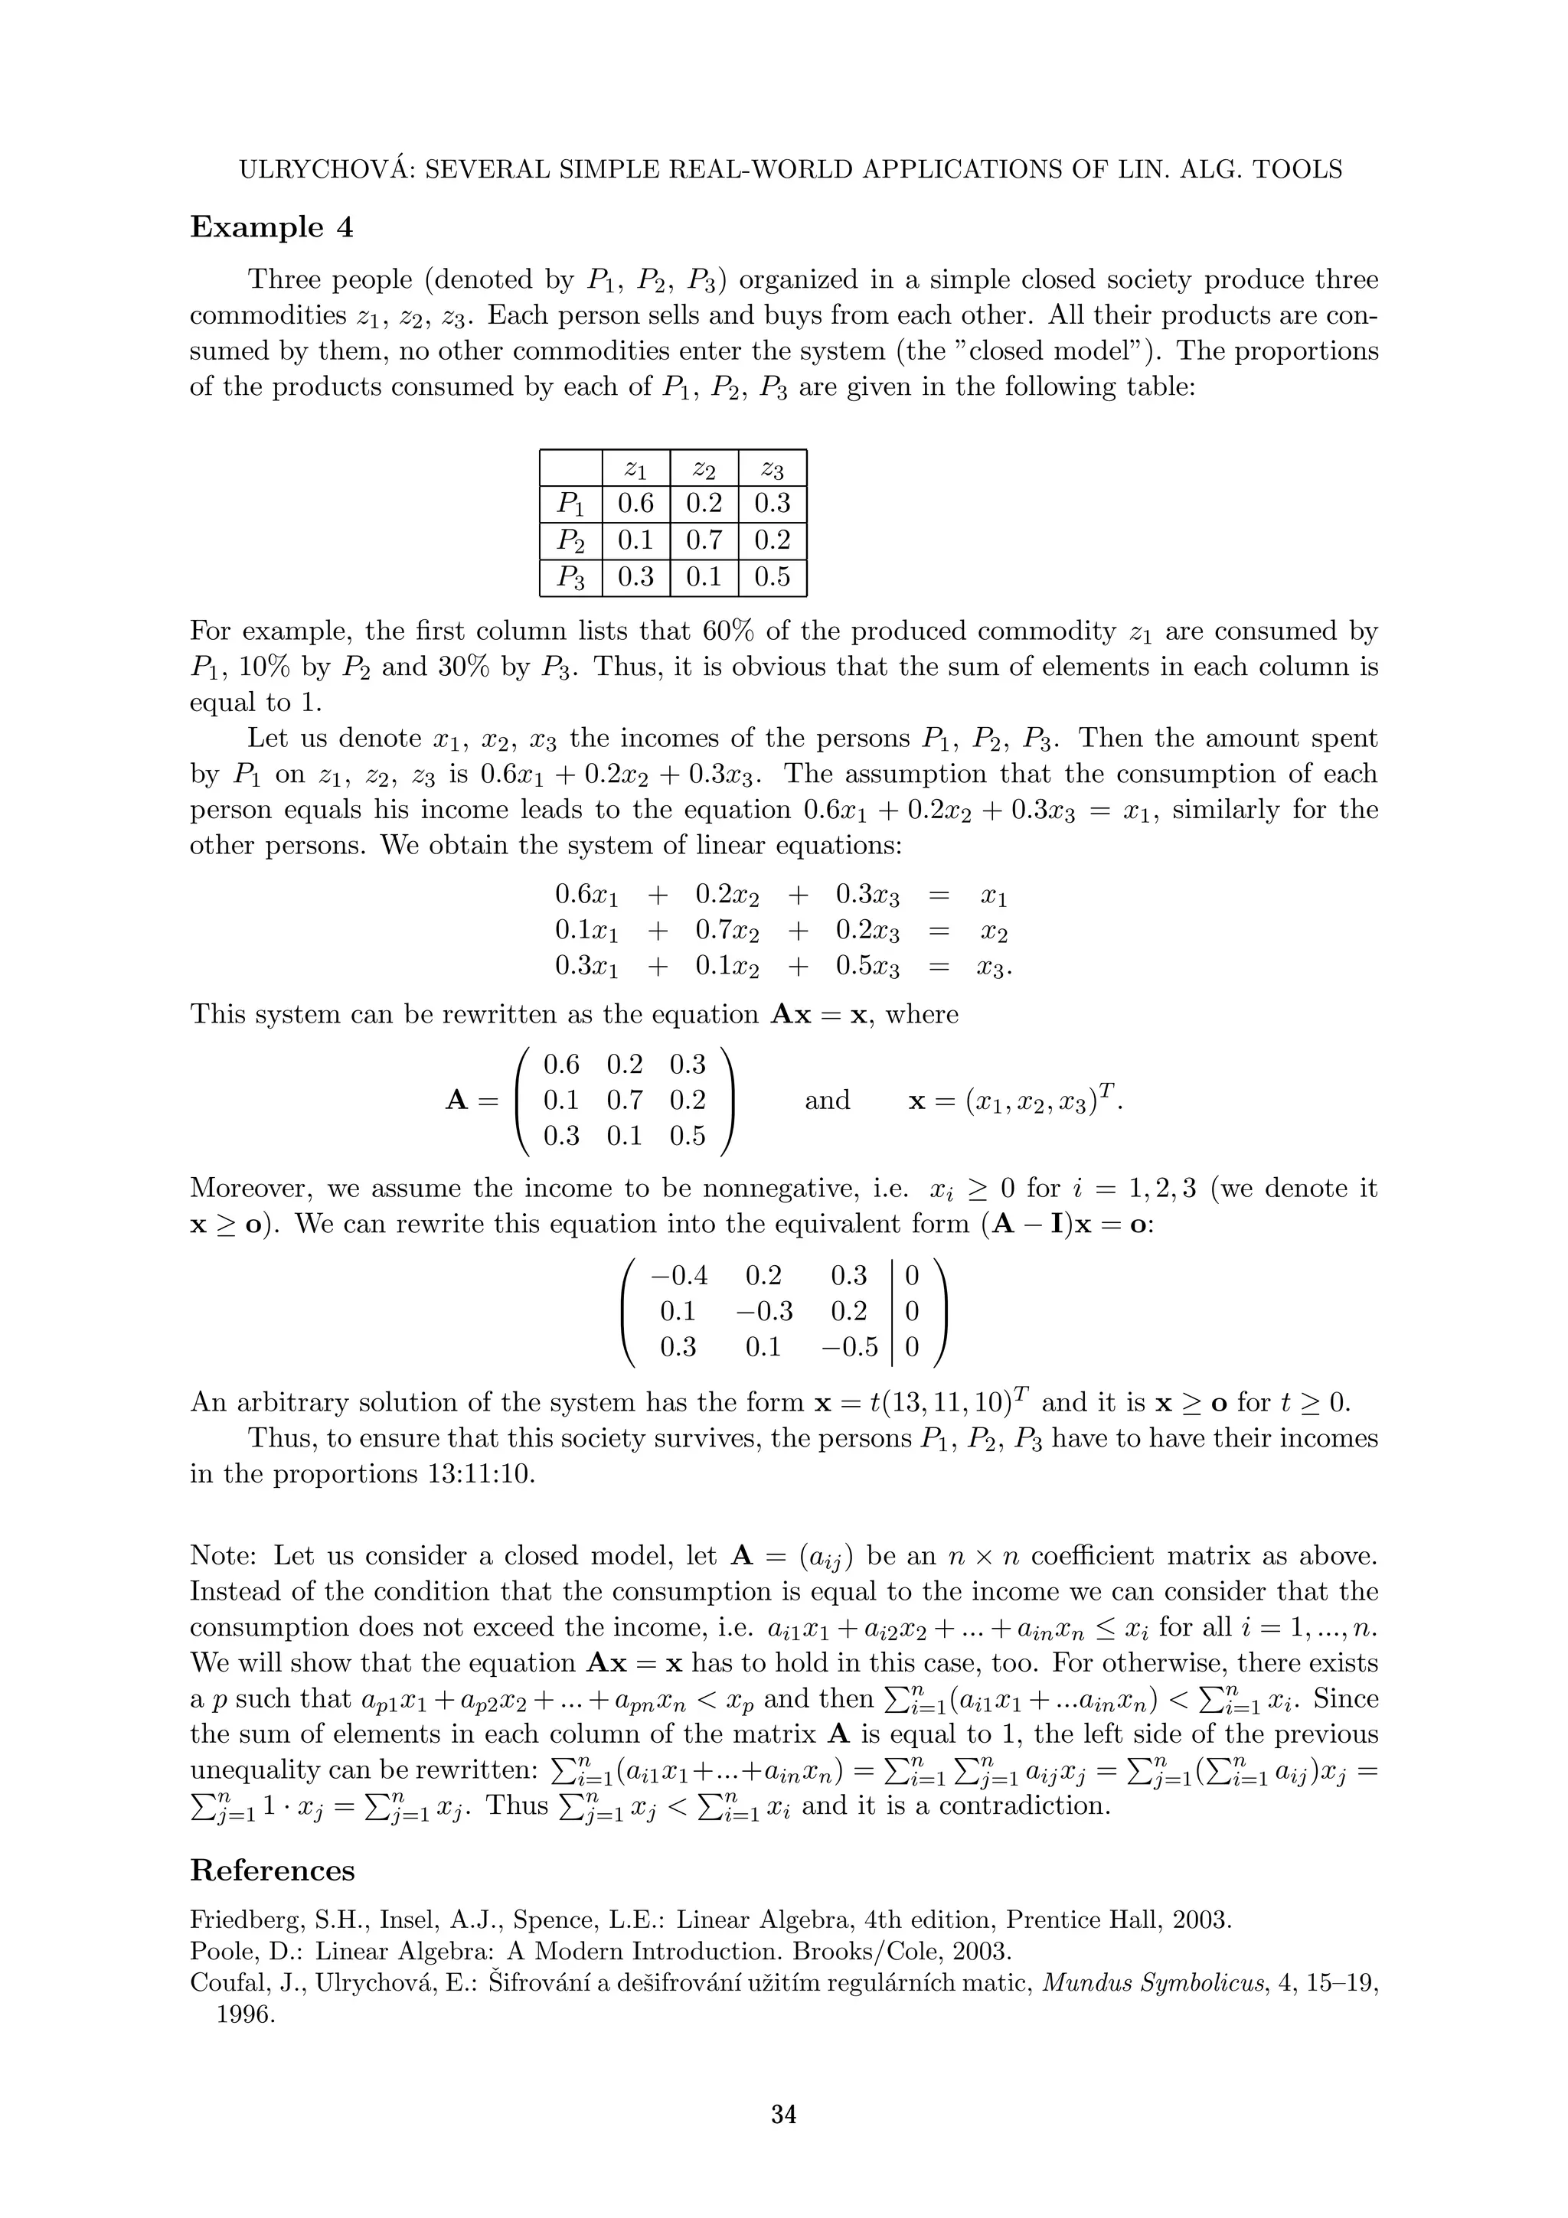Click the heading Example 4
tap(272, 228)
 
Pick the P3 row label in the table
tap(571, 578)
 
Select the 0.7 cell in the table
tap(704, 540)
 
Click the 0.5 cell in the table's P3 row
tap(772, 578)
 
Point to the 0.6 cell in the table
tap(635, 504)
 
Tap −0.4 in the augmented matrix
tap(679, 1276)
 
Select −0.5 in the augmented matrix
tap(849, 1348)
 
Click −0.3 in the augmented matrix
tap(763, 1312)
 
